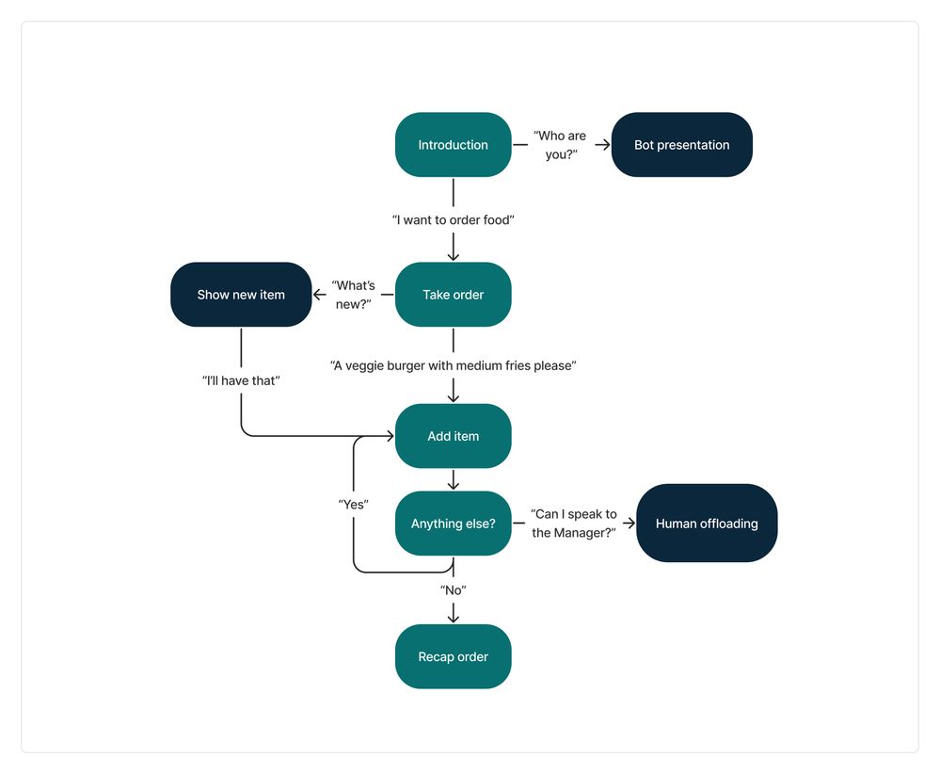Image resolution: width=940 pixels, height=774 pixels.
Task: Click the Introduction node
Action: [453, 145]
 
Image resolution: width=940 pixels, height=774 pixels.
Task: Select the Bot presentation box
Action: [681, 145]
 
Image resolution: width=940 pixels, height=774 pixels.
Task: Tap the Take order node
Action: [453, 295]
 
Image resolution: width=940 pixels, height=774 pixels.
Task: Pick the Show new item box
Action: [241, 295]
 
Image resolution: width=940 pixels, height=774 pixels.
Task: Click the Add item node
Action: [453, 436]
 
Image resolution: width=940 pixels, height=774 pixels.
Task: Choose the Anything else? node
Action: [453, 524]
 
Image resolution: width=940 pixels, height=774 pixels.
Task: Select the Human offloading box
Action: [706, 524]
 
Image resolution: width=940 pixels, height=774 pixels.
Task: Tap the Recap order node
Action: [453, 656]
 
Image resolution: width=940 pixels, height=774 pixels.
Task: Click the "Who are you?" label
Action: [560, 145]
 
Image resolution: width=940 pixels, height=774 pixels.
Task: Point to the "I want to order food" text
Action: [453, 219]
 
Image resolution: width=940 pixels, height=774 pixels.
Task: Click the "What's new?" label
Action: [354, 295]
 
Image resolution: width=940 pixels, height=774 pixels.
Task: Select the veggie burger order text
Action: [453, 365]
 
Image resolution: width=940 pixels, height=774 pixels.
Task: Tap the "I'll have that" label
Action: [241, 379]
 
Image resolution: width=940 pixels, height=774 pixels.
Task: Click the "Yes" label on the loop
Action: [353, 505]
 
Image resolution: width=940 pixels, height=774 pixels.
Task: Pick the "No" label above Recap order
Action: [453, 589]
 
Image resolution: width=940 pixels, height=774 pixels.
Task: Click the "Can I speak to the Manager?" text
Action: [574, 524]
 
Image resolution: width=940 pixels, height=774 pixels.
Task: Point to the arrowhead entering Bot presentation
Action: [603, 145]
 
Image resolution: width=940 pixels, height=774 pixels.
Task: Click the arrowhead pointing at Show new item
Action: [320, 295]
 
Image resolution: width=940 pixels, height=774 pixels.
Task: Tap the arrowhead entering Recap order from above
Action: [453, 617]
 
